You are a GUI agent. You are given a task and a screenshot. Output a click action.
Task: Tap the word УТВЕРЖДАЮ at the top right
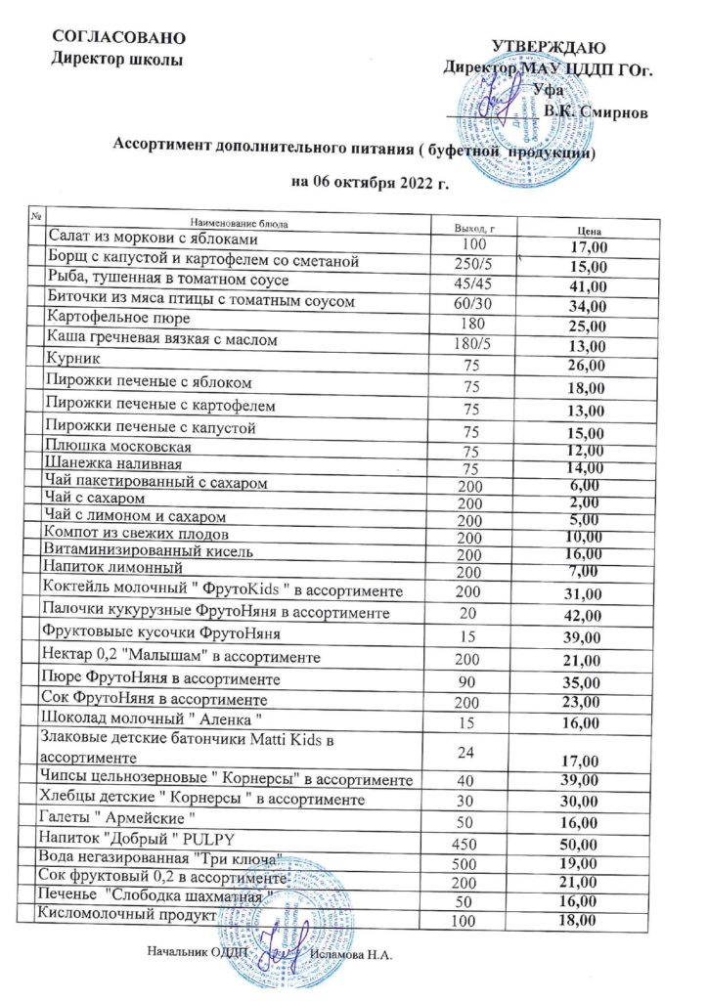pyautogui.click(x=548, y=47)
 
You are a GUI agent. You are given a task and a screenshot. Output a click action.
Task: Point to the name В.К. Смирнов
pyautogui.click(x=596, y=110)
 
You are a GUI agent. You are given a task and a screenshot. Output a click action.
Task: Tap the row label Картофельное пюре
pyautogui.click(x=117, y=320)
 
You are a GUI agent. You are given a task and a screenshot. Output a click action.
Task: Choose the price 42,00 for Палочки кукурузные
pyautogui.click(x=586, y=615)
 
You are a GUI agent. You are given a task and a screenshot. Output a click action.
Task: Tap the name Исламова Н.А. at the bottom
pyautogui.click(x=350, y=952)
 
